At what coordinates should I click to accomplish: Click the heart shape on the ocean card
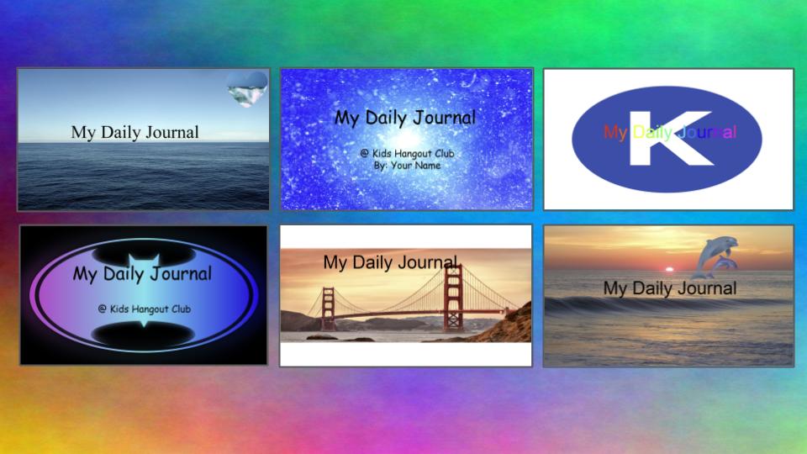[x=247, y=88]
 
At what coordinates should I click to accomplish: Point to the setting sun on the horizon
[x=669, y=269]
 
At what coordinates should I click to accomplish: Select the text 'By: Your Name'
[x=407, y=166]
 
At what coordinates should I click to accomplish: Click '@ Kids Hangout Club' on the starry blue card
[x=407, y=153]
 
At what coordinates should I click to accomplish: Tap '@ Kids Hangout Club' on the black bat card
[x=145, y=309]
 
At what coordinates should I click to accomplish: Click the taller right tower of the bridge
[x=453, y=297]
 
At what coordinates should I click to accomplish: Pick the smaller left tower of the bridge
[x=328, y=309]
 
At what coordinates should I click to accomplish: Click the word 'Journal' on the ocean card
[x=171, y=132]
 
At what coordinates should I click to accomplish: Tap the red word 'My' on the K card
[x=615, y=133]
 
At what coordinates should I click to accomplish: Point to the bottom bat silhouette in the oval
[x=144, y=334]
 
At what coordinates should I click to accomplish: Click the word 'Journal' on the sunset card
[x=710, y=288]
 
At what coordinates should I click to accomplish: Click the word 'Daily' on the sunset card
[x=655, y=288]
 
